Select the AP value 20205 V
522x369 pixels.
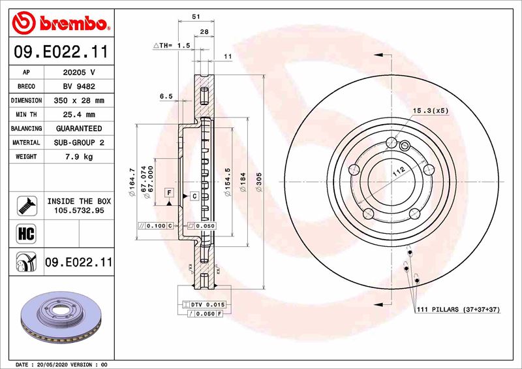(x=78, y=72)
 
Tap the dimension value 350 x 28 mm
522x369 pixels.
(x=78, y=101)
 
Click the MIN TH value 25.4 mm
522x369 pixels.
(x=78, y=115)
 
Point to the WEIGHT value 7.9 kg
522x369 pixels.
(x=78, y=157)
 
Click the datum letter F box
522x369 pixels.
(x=169, y=193)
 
